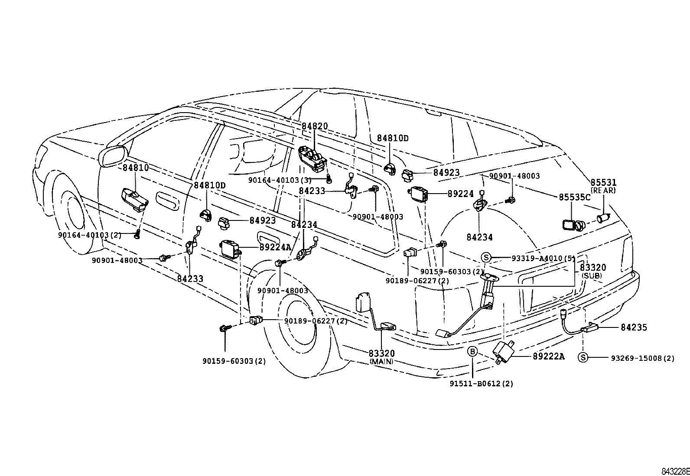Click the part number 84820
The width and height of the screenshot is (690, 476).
point(315,126)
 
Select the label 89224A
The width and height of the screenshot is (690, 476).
point(275,247)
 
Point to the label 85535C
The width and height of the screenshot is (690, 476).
point(574,197)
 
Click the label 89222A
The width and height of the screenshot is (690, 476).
point(549,356)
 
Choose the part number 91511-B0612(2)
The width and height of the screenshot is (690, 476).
point(487,384)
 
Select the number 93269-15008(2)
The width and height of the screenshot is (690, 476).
point(643,358)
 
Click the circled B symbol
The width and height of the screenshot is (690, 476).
point(472,351)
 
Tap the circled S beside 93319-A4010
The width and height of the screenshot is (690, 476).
point(486,258)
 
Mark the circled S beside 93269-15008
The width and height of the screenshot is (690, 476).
point(583,357)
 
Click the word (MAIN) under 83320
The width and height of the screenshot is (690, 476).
point(381,361)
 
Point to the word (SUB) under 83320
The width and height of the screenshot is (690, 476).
point(592,275)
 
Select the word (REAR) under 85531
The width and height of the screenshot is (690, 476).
point(603,191)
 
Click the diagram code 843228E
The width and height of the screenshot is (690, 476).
point(675,471)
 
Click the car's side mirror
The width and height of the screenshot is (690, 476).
point(113,156)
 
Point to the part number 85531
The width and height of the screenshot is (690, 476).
point(602,182)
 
